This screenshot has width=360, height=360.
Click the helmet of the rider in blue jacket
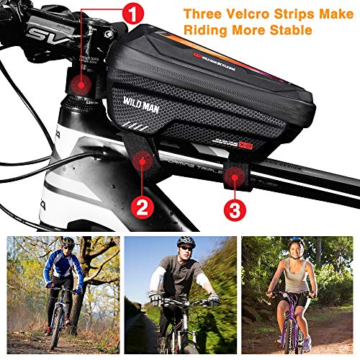(x=68, y=243)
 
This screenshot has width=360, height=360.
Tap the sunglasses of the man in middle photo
(x=184, y=247)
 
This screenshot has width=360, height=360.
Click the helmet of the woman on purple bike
(x=295, y=243)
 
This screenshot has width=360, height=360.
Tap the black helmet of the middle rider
(x=186, y=240)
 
